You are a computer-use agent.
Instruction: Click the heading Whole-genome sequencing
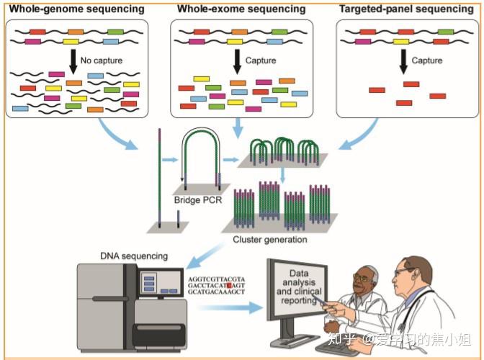[77, 9]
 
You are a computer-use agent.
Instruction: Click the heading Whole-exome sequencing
[241, 9]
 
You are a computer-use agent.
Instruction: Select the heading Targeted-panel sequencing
[406, 9]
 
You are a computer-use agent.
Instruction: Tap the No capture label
[102, 60]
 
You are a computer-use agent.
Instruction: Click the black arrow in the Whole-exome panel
[237, 62]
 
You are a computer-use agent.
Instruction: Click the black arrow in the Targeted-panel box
[403, 62]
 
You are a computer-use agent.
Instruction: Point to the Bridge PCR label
[198, 200]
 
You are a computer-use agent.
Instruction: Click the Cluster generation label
[270, 239]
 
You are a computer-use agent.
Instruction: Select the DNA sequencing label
[134, 256]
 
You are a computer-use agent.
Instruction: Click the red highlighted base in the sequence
[229, 285]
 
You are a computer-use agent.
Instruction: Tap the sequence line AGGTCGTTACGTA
[216, 279]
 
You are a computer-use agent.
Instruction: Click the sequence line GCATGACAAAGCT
[216, 292]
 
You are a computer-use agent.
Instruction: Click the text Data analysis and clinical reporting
[298, 287]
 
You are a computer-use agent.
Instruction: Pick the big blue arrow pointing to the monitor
[230, 307]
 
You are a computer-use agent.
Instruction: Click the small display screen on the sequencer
[160, 282]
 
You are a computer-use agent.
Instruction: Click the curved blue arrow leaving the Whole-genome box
[116, 136]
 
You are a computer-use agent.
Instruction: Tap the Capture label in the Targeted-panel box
[426, 60]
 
